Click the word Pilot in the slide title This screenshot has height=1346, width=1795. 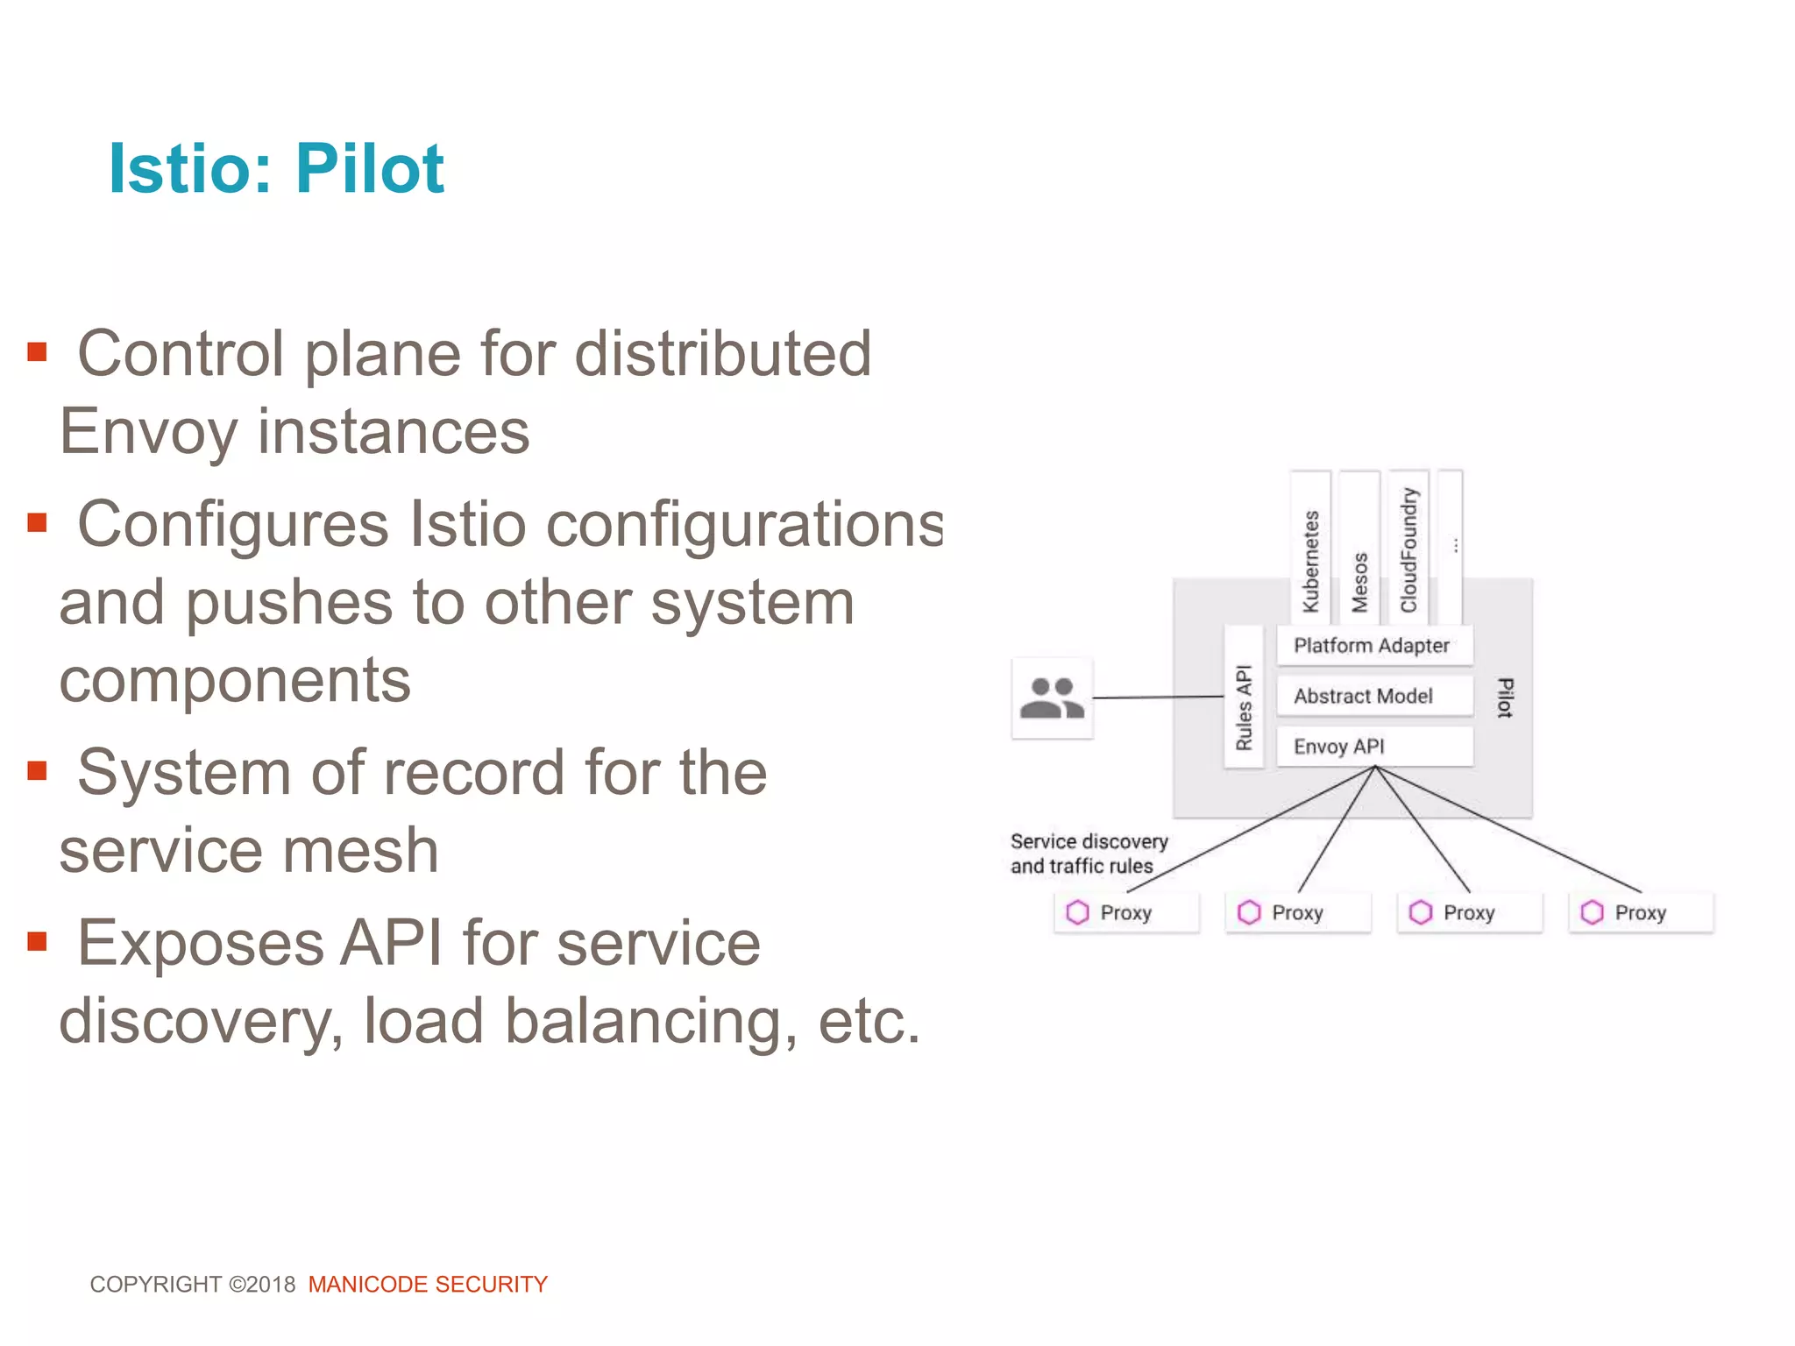pyautogui.click(x=369, y=168)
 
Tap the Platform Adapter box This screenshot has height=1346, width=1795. pyautogui.click(x=1373, y=646)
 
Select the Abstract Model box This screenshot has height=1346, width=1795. pyautogui.click(x=1373, y=697)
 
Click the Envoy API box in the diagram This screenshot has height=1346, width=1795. pyautogui.click(x=1373, y=747)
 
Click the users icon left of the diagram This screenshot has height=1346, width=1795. pyautogui.click(x=1052, y=698)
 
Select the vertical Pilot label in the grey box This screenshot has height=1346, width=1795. pyautogui.click(x=1505, y=698)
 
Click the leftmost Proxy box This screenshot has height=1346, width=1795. pyautogui.click(x=1125, y=913)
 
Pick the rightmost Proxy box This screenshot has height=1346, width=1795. pyautogui.click(x=1640, y=913)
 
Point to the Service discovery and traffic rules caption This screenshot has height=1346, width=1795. pyautogui.click(x=1088, y=854)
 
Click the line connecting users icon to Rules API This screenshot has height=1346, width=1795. pyautogui.click(x=1157, y=698)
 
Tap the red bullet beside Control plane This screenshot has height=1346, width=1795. pyautogui.click(x=37, y=352)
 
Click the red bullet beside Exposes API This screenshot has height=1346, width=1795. pyautogui.click(x=37, y=942)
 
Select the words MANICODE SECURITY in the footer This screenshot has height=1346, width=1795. pyautogui.click(x=428, y=1285)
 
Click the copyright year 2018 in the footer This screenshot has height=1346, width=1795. pyautogui.click(x=271, y=1285)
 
